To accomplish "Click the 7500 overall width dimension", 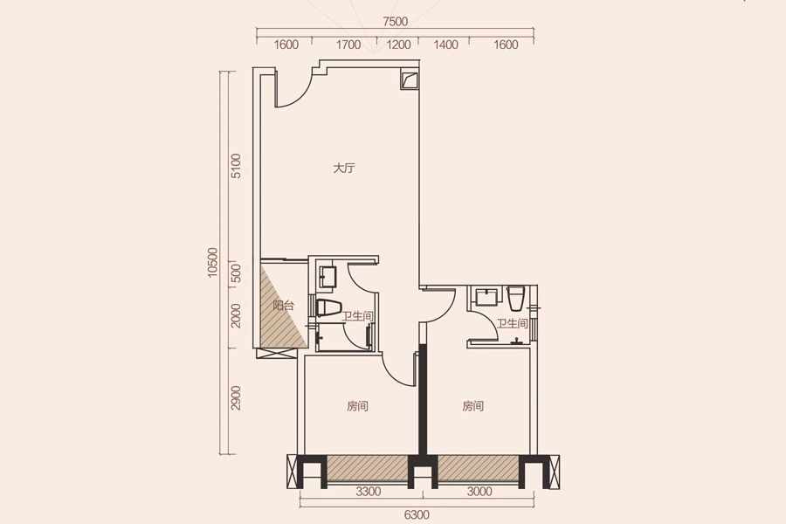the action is pyautogui.click(x=395, y=22).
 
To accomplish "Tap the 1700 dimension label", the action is pyautogui.click(x=348, y=45).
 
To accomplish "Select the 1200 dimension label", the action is pyautogui.click(x=398, y=45).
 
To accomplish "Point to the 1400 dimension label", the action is pyautogui.click(x=445, y=45).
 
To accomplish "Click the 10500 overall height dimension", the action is pyautogui.click(x=212, y=262).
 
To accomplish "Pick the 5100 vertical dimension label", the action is pyautogui.click(x=236, y=166).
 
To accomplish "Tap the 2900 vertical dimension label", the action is pyautogui.click(x=236, y=397).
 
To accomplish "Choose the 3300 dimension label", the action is pyautogui.click(x=369, y=492).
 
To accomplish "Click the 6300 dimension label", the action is pyautogui.click(x=417, y=514).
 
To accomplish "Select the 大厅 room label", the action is pyautogui.click(x=344, y=168).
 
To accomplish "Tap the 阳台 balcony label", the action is pyautogui.click(x=283, y=305).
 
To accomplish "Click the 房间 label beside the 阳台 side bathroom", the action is pyautogui.click(x=357, y=405).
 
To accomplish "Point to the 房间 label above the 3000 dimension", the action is pyautogui.click(x=472, y=405).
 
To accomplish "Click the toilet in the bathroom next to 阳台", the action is pyautogui.click(x=328, y=307).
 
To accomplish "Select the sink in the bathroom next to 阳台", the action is pyautogui.click(x=328, y=277).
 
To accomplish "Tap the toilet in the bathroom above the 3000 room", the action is pyautogui.click(x=516, y=299).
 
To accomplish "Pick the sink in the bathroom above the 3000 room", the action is pyautogui.click(x=487, y=296).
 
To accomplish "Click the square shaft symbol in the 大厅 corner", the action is pyautogui.click(x=410, y=80).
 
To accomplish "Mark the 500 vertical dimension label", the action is pyautogui.click(x=236, y=273).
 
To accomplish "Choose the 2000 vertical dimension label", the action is pyautogui.click(x=236, y=315).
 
